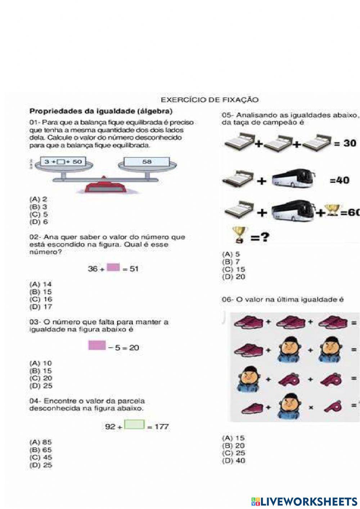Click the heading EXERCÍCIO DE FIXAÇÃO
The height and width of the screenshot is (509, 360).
210,100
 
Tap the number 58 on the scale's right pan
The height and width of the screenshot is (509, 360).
147,162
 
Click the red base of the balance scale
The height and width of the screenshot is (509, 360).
104,187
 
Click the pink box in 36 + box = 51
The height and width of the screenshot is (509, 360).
113,267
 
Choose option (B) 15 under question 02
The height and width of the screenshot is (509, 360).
41,292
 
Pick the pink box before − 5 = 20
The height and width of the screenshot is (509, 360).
97,345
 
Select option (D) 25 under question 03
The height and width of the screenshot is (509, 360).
41,386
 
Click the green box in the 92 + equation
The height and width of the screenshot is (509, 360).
134,425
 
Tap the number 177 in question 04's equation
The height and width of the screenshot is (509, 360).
162,427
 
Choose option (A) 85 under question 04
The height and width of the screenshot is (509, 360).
41,442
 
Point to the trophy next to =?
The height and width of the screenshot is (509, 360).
238,235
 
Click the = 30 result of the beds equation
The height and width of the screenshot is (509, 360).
345,143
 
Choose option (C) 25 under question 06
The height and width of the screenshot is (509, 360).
234,453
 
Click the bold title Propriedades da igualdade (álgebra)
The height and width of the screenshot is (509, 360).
101,111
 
